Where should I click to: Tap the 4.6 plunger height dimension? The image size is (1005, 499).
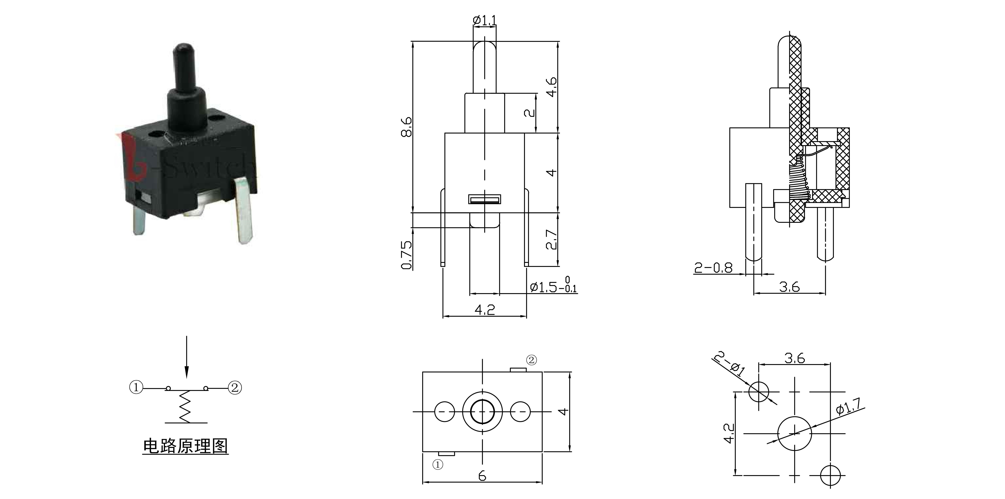click(x=552, y=87)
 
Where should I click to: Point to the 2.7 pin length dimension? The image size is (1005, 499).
click(x=552, y=239)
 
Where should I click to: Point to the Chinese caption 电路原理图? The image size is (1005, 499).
click(x=185, y=446)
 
